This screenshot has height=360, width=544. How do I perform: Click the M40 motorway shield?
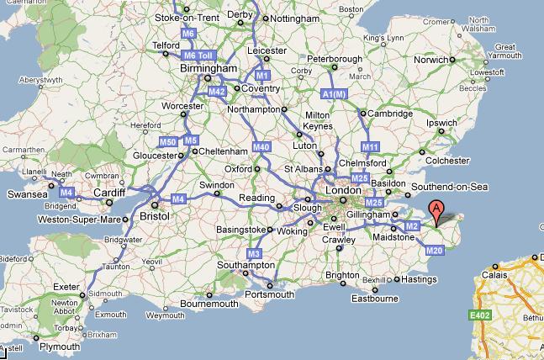coord(261,147)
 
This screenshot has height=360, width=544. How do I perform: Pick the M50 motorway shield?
coord(167,140)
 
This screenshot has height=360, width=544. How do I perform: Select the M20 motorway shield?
coord(434,250)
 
